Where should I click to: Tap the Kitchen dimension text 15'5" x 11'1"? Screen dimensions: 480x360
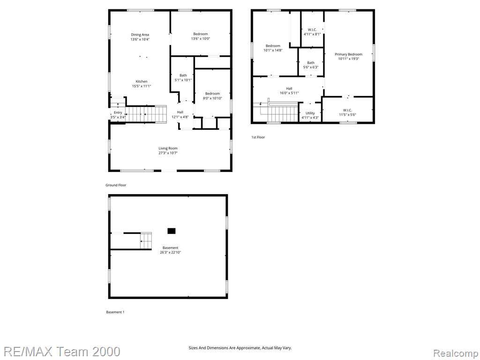point(142,86)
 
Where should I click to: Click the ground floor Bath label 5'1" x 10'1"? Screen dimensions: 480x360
point(183,78)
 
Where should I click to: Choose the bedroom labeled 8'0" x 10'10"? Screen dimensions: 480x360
point(212,96)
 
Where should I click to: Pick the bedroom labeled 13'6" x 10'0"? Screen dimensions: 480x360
point(201,36)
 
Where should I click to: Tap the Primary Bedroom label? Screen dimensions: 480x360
point(348,57)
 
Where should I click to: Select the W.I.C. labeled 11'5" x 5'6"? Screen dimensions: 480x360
point(347,112)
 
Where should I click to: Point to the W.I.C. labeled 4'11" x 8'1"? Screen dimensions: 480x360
point(312,32)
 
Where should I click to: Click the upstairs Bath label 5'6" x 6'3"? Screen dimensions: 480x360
point(311,65)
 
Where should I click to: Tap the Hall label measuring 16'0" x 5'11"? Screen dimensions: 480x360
point(289,90)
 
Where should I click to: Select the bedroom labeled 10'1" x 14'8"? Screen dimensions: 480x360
point(273,48)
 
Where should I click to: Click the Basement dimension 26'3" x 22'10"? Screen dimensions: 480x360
point(170,253)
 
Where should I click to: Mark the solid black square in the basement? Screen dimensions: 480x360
point(172,231)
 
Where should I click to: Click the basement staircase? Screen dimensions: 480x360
point(146,240)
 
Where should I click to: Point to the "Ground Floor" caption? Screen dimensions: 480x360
point(116,185)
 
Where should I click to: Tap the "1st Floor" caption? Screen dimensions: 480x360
point(258,137)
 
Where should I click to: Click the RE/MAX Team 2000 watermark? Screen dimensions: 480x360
point(62,352)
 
